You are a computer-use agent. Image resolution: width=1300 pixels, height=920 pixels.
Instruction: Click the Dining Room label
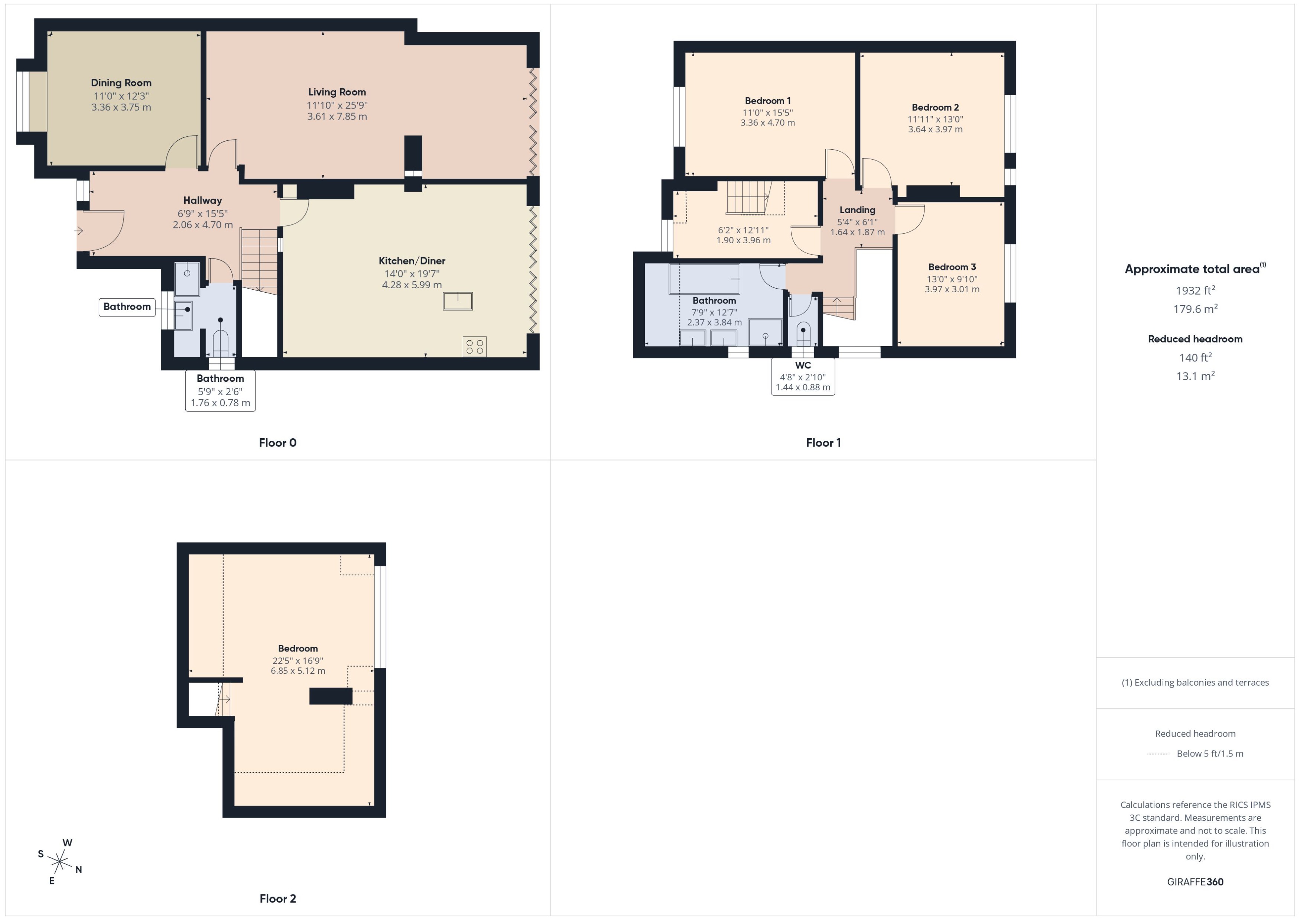(x=121, y=83)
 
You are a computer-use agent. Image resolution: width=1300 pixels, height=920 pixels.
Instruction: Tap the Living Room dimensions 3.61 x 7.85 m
(x=337, y=117)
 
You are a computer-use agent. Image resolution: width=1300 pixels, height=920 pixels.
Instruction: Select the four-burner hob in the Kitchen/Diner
(x=474, y=347)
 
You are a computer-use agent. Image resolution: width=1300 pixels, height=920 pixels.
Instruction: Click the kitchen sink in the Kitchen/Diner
(x=458, y=301)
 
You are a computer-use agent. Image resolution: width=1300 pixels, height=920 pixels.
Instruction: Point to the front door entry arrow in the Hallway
(x=79, y=231)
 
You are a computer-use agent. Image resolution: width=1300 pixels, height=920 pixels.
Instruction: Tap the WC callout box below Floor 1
(x=803, y=377)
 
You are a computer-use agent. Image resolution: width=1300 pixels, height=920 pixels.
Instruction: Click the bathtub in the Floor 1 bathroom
(x=704, y=279)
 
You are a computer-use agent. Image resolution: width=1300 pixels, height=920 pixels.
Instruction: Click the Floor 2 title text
(x=277, y=898)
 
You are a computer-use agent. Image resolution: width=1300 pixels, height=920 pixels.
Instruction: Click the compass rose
(x=59, y=862)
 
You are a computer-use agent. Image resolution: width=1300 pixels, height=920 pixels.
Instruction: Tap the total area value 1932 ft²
(x=1195, y=290)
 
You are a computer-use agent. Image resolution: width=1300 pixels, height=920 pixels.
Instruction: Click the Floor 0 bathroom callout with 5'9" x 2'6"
(x=220, y=391)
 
